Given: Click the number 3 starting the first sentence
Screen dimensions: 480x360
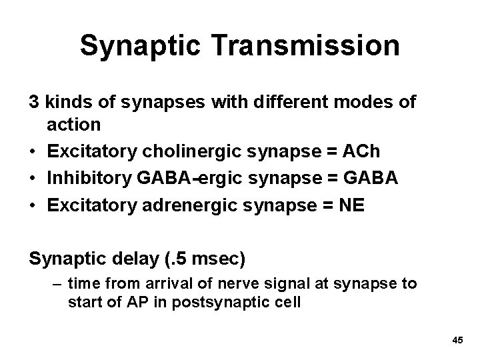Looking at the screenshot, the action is click(x=33, y=103).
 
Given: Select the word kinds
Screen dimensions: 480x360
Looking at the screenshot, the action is click(x=63, y=103).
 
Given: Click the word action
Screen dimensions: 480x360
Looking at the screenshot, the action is click(x=74, y=124).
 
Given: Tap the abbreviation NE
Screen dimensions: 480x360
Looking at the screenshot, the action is click(x=353, y=205).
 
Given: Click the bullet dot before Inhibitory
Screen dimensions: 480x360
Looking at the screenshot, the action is click(x=33, y=178).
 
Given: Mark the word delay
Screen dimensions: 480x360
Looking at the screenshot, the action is click(x=137, y=257).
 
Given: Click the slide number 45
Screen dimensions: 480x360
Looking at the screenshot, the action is click(x=457, y=341).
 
